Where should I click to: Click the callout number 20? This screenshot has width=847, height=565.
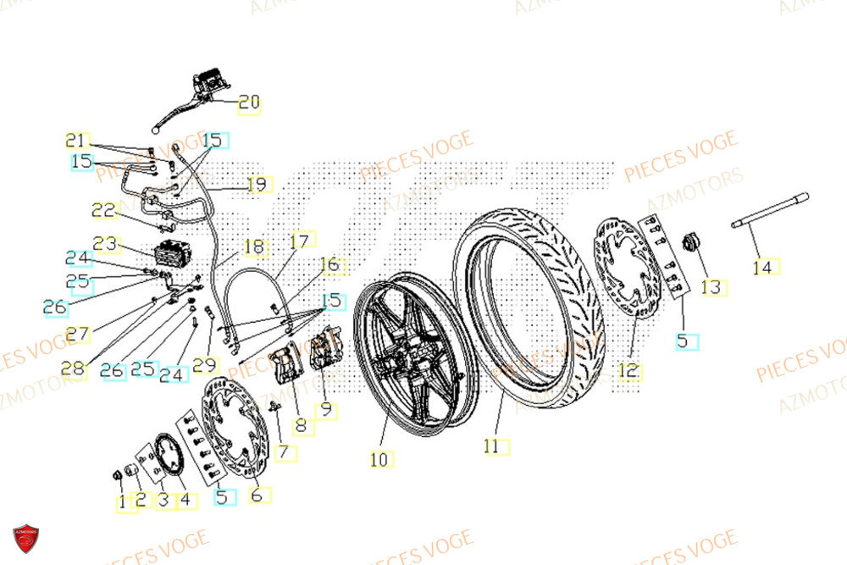(249, 103)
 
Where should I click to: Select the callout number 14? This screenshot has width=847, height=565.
(763, 268)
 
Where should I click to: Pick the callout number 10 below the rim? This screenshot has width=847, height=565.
(379, 460)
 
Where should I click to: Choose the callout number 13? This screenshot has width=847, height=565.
(711, 288)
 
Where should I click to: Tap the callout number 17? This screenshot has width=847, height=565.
(299, 241)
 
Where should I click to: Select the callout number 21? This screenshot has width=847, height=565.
(76, 140)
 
